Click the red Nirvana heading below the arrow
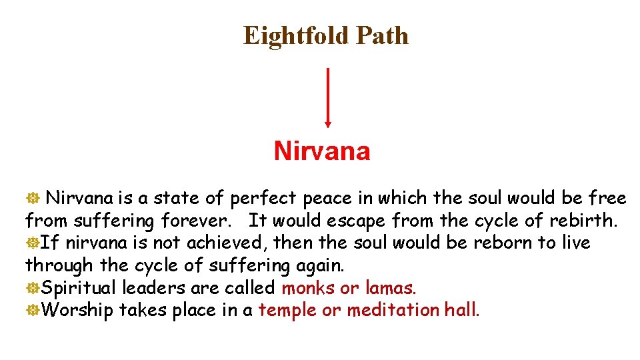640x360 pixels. coord(321,151)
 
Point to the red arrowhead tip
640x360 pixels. coord(327,125)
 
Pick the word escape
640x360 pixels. coord(356,220)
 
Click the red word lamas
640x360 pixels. coord(391,288)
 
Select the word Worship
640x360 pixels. coord(77,310)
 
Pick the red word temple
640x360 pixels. coord(287,310)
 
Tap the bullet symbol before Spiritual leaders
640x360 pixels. coord(32,289)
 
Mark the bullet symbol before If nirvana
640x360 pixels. coord(32,243)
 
